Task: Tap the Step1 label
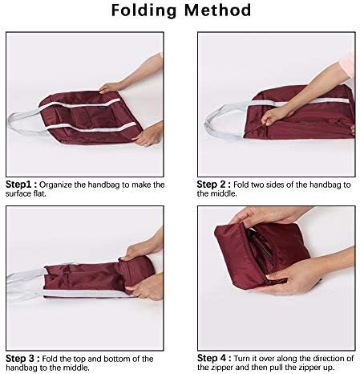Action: click(20, 185)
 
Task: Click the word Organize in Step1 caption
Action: click(57, 185)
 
